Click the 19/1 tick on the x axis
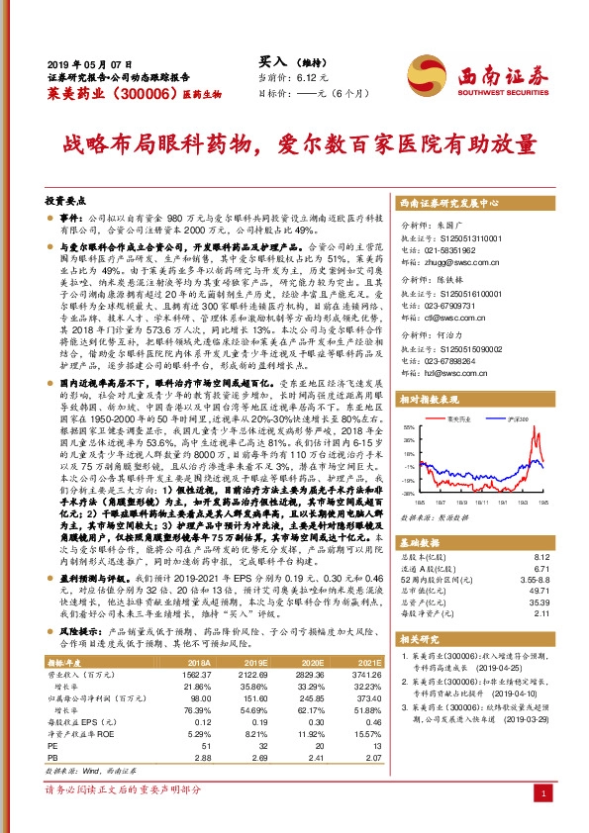point(480,502)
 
